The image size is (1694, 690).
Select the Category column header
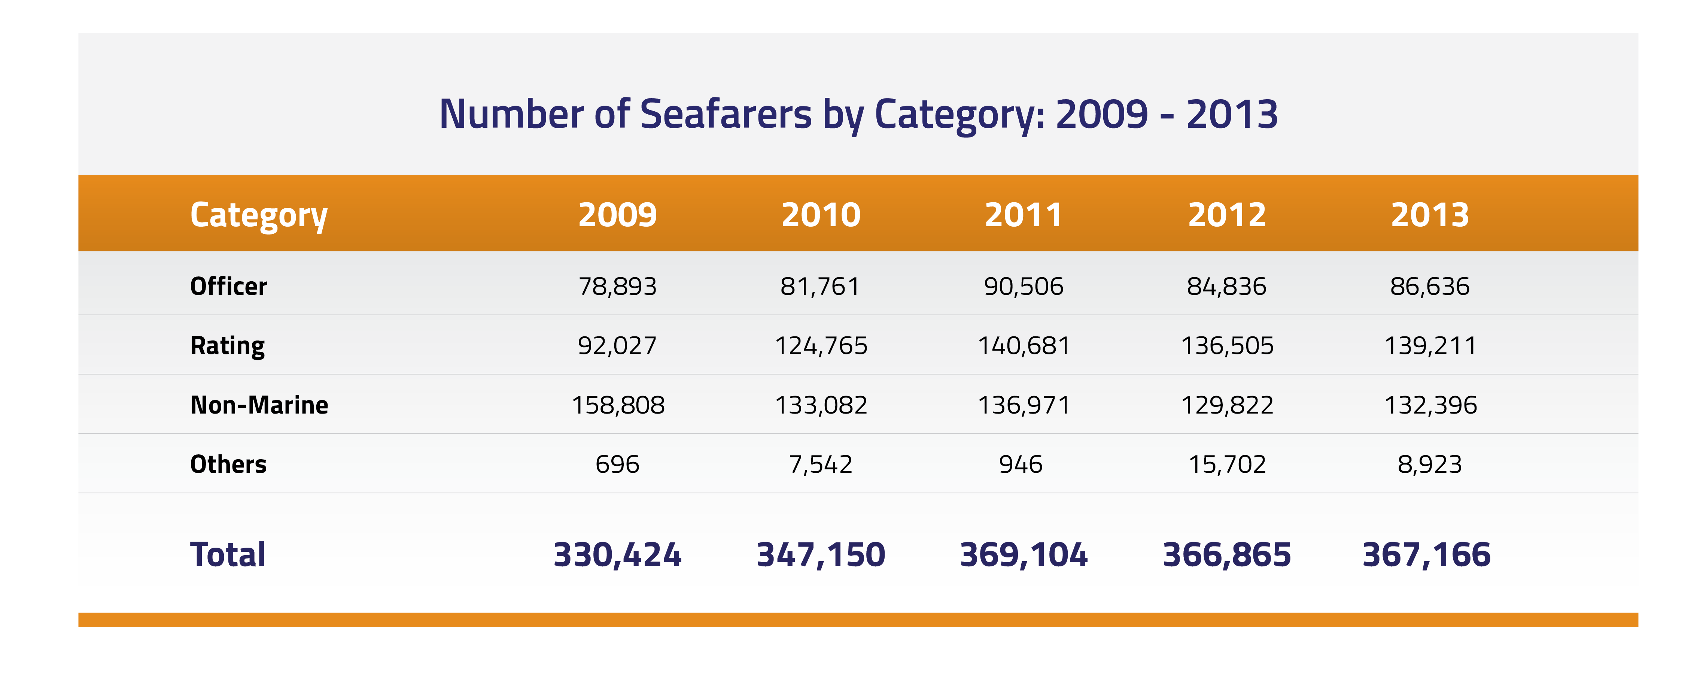258,215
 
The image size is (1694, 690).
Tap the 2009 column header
617,215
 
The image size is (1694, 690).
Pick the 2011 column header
1023,215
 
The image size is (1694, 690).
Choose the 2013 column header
1430,215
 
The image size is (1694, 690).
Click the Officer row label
228,286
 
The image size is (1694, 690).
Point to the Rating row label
228,345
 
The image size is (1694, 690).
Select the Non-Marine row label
259,405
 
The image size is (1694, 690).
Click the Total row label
228,554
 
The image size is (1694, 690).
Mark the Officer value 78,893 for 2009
617,286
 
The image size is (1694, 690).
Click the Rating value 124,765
821,345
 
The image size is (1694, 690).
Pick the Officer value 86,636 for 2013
1430,286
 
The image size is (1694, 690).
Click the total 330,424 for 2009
617,554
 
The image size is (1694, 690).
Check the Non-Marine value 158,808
617,405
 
